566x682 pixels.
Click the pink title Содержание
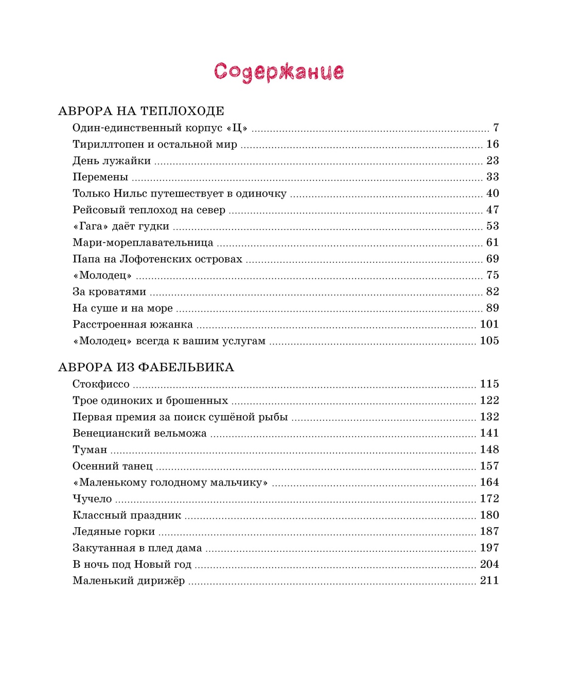(279, 71)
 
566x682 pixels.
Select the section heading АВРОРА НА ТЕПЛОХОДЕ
(141, 111)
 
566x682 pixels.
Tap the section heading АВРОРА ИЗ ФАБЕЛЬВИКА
(146, 367)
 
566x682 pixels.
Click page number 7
(496, 128)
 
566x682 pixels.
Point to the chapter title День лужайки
(112, 161)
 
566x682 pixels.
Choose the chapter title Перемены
(100, 177)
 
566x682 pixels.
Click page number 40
(492, 193)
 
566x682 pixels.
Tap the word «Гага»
(91, 226)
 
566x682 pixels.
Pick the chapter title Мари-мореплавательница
(143, 243)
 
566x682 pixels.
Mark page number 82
(492, 292)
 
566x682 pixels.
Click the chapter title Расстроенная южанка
(133, 325)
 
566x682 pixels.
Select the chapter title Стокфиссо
(101, 384)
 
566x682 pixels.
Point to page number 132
(489, 417)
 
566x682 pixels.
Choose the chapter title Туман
(90, 450)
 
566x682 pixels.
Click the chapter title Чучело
(92, 499)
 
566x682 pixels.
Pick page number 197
(489, 548)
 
